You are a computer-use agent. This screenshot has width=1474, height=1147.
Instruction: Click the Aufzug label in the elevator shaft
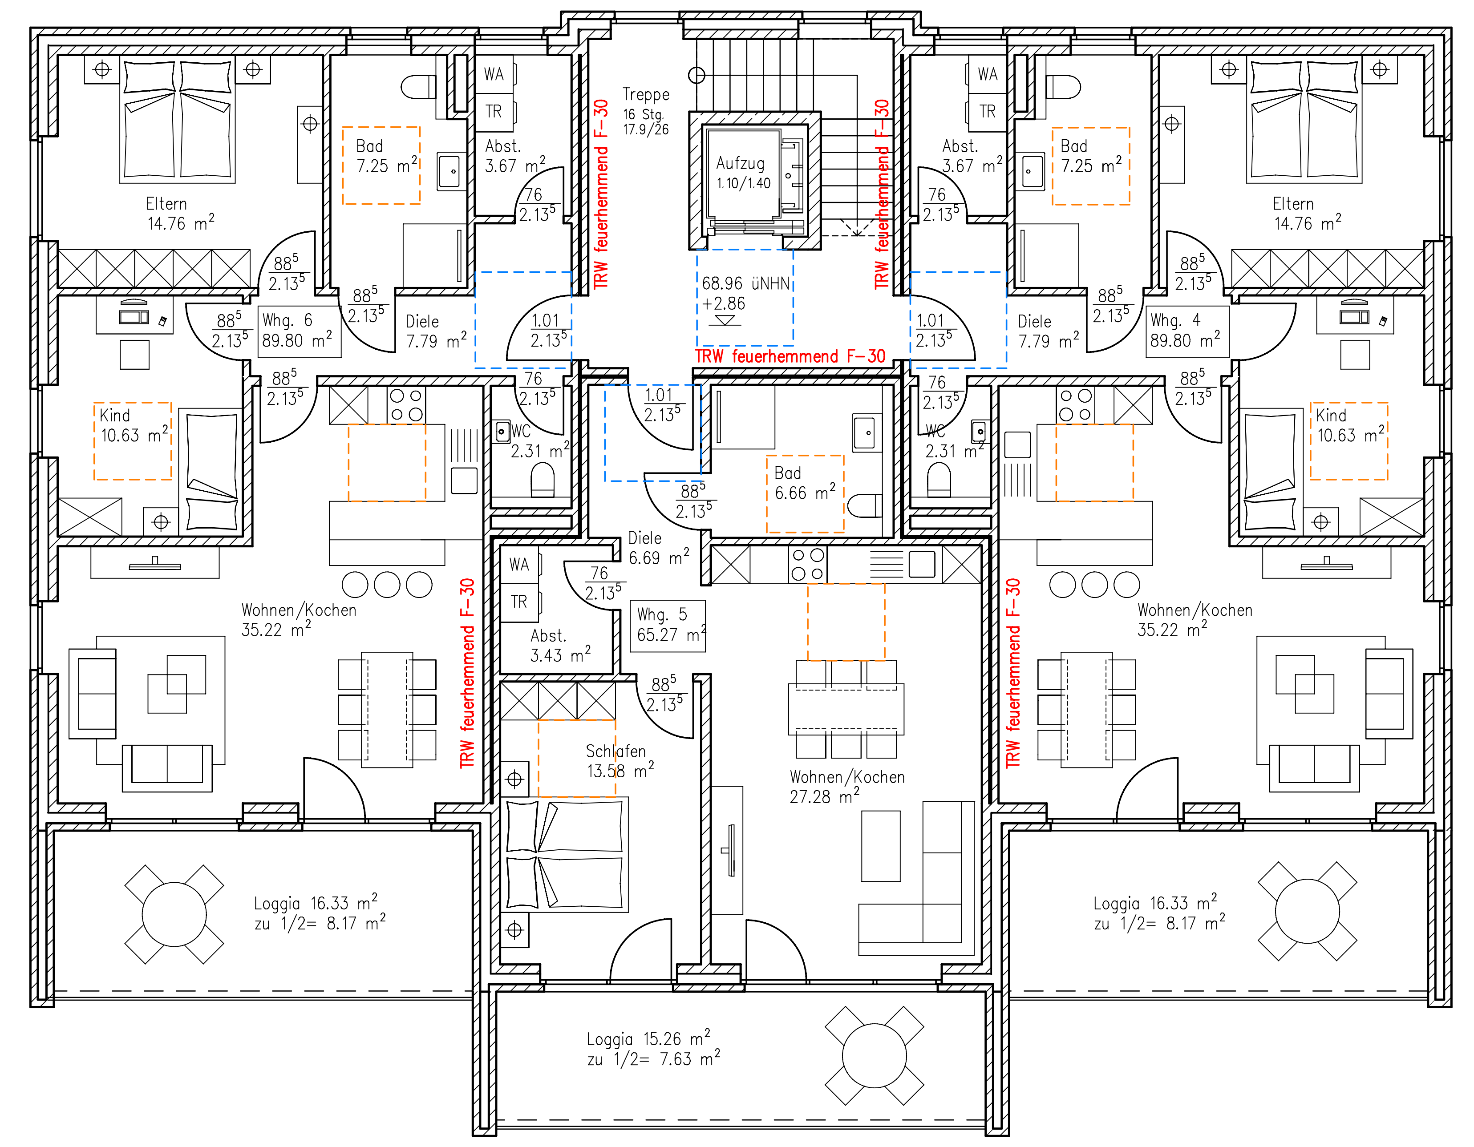(741, 163)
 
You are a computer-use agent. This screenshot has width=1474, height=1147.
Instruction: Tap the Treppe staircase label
(646, 94)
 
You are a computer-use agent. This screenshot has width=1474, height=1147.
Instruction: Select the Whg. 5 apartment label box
(668, 626)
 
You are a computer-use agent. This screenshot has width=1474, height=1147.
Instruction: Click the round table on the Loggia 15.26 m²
(875, 1056)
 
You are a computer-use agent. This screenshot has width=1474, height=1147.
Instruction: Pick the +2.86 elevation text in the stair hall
(724, 303)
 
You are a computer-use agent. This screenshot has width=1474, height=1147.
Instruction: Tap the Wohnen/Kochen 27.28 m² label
(847, 787)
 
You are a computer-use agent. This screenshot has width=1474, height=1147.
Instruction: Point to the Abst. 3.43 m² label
(560, 646)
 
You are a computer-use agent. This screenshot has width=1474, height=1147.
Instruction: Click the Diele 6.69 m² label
(659, 548)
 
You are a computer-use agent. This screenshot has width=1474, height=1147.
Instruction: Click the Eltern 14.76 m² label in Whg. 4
(1307, 214)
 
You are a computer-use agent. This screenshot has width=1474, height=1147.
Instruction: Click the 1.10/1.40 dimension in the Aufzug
(743, 183)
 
